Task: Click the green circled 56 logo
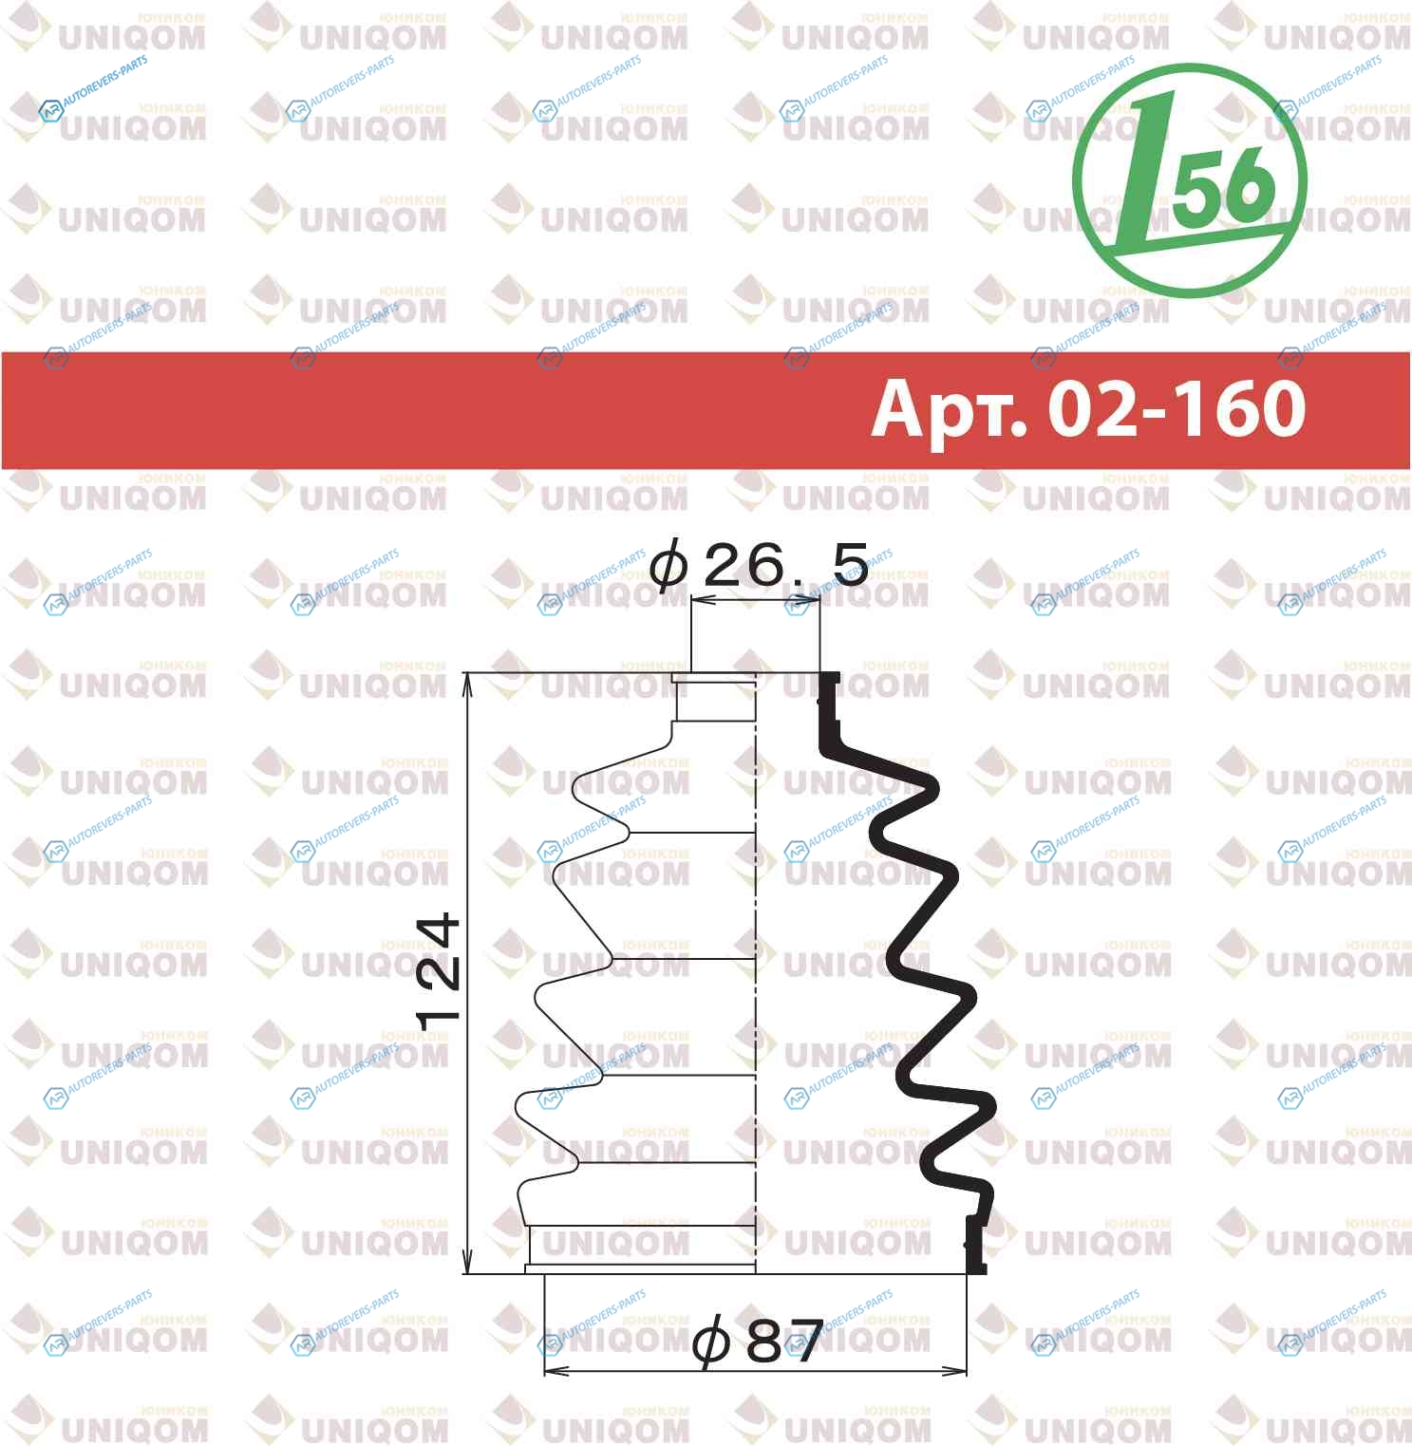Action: (1189, 180)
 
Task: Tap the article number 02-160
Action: (1177, 408)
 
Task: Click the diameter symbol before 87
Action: (712, 1340)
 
